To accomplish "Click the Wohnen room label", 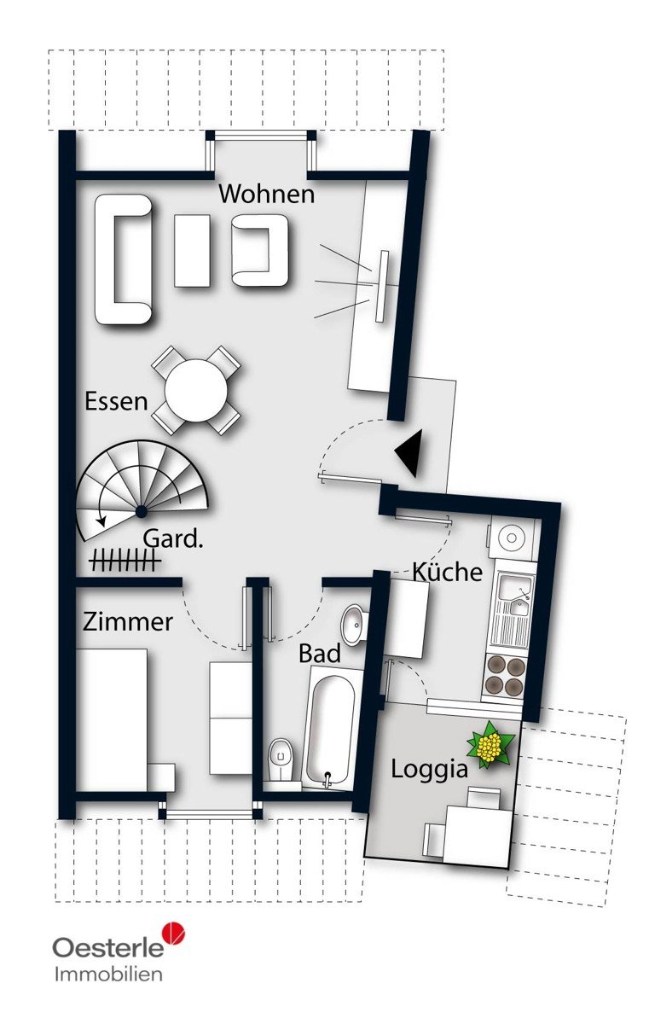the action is coord(267,195).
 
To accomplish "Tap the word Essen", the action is coord(117,401).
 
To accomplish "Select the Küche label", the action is coord(447,572).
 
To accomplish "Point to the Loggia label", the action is coord(429,771).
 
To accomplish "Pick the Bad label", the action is coord(320,654).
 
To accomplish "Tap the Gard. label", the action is coord(173,539).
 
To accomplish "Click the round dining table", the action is coord(196,391).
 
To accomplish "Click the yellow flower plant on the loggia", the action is coord(490,745).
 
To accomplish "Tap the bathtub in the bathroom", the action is coord(329,728).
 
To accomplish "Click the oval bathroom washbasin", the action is coord(354,625).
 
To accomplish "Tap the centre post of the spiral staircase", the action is coord(142,511).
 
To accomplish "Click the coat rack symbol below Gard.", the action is coord(125,559).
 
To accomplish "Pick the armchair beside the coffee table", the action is coord(260,250).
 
